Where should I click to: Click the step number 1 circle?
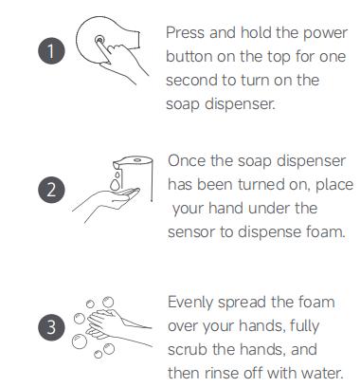click(51, 51)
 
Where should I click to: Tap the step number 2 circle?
click(51, 190)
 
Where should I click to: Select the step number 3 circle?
click(51, 327)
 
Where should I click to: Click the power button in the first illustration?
click(99, 40)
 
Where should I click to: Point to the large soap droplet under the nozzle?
click(115, 184)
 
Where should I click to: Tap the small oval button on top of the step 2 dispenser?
click(137, 160)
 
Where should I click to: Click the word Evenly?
click(190, 303)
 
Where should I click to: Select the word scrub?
click(188, 350)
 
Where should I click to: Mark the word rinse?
click(223, 373)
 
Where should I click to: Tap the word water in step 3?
click(322, 373)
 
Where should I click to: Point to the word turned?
click(261, 184)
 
